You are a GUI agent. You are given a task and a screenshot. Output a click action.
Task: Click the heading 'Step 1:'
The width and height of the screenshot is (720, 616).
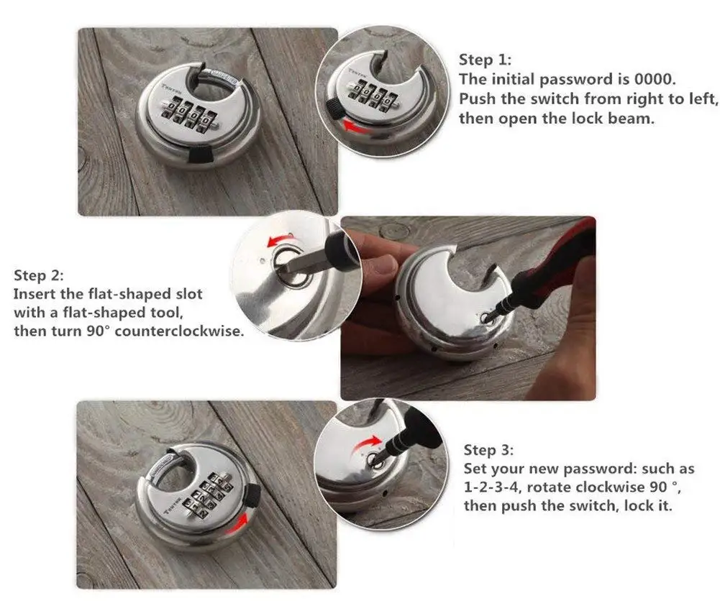[x=486, y=60]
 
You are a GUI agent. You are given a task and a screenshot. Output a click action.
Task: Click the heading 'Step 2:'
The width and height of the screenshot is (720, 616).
[x=40, y=276]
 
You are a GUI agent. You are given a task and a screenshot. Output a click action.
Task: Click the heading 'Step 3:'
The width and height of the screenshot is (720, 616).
[x=488, y=451]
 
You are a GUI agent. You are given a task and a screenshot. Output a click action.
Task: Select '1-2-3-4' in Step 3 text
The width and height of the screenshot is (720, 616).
[x=496, y=487]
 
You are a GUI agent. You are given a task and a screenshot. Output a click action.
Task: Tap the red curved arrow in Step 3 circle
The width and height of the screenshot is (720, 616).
[x=368, y=441]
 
